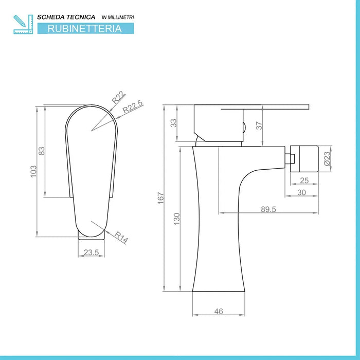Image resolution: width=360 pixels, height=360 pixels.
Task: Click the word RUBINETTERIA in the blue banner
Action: tap(85, 29)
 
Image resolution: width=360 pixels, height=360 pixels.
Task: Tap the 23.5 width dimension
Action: tap(91, 252)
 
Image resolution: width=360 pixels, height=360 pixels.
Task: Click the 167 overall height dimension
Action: tap(160, 196)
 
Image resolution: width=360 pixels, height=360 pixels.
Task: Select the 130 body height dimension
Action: tap(176, 218)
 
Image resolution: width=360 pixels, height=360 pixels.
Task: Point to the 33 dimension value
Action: tap(173, 123)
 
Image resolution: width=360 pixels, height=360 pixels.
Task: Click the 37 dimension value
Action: tap(259, 124)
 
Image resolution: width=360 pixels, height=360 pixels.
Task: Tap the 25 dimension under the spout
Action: tap(304, 180)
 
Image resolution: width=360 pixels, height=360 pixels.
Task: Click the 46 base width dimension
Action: tap(218, 311)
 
